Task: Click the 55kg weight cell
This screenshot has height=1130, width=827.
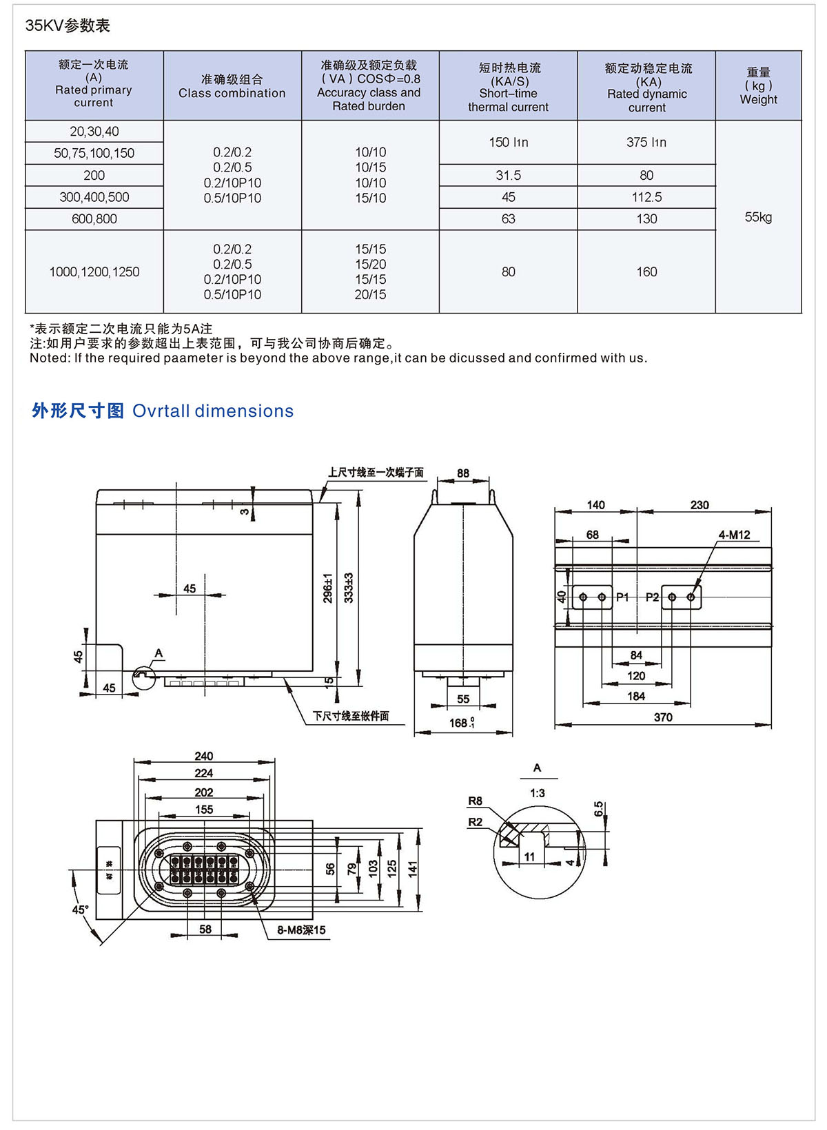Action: [758, 217]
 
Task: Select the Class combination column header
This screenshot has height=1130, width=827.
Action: [232, 86]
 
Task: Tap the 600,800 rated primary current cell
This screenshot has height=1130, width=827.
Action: [94, 219]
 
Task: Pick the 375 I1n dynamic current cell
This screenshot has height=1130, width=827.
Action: [646, 142]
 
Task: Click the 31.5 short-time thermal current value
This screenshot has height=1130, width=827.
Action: [508, 175]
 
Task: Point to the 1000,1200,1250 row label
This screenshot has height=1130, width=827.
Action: [94, 272]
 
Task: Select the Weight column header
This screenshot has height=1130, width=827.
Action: [758, 86]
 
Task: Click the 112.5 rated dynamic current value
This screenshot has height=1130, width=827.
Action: [646, 197]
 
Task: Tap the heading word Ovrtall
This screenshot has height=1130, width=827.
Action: [161, 411]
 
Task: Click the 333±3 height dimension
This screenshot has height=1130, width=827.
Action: [349, 588]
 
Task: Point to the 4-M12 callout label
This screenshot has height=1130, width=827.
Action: [734, 535]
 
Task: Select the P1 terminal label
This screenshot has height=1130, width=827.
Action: [622, 597]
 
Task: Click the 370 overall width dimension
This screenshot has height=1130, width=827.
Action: [663, 717]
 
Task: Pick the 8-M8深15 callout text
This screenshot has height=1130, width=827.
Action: [301, 930]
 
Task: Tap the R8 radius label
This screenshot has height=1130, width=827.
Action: [476, 801]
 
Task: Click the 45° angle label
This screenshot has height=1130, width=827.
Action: [81, 910]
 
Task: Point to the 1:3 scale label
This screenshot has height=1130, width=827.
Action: [538, 793]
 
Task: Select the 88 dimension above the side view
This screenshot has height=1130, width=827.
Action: [463, 473]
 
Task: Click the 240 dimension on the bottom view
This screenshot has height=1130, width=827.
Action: [204, 756]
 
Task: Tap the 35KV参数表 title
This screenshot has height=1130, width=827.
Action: [68, 25]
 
